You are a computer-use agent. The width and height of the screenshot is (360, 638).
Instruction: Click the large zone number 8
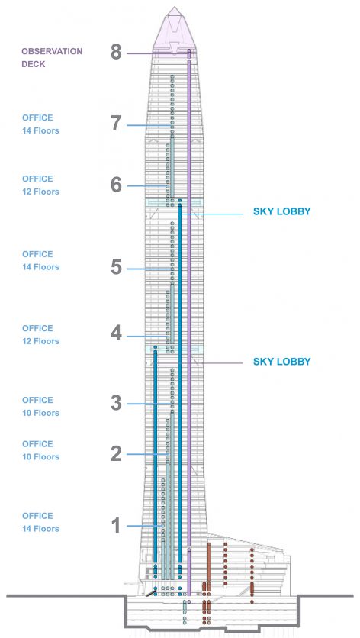pyautogui.click(x=116, y=52)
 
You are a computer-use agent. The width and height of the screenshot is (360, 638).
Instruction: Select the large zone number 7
pyautogui.click(x=116, y=124)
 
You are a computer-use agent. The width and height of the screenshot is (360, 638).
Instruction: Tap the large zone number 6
pyautogui.click(x=116, y=185)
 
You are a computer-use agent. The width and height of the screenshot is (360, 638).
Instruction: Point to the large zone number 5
pyautogui.click(x=116, y=267)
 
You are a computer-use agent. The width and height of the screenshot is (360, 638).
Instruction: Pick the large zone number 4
pyautogui.click(x=116, y=333)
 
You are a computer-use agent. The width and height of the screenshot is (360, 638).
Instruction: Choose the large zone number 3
pyautogui.click(x=116, y=403)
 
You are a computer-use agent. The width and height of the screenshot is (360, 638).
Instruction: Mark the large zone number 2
pyautogui.click(x=116, y=453)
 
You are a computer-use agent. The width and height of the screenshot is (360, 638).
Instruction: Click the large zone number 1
pyautogui.click(x=117, y=525)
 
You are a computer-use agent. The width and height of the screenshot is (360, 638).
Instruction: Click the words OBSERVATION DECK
pyautogui.click(x=52, y=58)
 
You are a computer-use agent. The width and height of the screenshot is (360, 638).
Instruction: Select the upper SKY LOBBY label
pyautogui.click(x=282, y=211)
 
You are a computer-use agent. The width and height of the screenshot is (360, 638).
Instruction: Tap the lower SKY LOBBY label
pyautogui.click(x=282, y=362)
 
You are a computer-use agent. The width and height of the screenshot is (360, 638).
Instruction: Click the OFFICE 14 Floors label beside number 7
pyautogui.click(x=40, y=124)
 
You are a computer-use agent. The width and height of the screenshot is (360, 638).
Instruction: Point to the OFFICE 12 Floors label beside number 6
pyautogui.click(x=40, y=185)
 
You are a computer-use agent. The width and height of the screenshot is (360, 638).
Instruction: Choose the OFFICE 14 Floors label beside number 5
pyautogui.click(x=40, y=260)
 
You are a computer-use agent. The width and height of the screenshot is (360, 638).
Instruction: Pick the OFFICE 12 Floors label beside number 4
pyautogui.click(x=40, y=334)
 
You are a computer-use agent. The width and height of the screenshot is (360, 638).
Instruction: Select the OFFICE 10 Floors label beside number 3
pyautogui.click(x=40, y=407)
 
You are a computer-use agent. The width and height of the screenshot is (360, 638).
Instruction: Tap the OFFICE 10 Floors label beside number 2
pyautogui.click(x=40, y=450)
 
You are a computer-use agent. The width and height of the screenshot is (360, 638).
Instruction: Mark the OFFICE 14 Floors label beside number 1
pyautogui.click(x=40, y=523)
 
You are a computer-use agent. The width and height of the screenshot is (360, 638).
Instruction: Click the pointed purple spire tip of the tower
pyautogui.click(x=175, y=7)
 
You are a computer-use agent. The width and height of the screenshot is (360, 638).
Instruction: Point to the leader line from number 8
pyautogui.click(x=158, y=53)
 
